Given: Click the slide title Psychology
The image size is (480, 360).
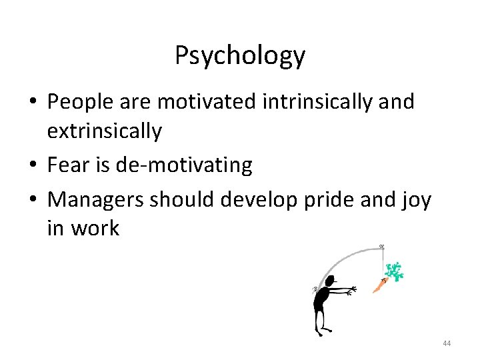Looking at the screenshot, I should coord(240,56).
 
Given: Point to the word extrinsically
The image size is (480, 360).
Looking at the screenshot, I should coord(104,131).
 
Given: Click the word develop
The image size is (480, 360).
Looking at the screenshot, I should coord(249,200).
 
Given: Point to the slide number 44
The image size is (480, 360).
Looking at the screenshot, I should coord(446,343).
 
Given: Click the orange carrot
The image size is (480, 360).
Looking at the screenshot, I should coord(379,285).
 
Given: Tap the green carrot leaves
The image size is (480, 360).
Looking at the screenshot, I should coord(395,272).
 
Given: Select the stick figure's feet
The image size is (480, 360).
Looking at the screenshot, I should coord(325,331).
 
